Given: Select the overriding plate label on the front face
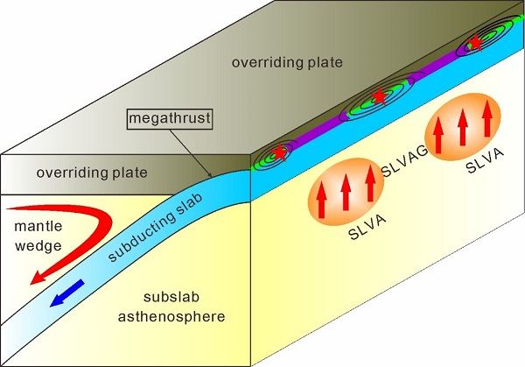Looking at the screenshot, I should (x=87, y=173).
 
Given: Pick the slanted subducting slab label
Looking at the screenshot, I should (x=160, y=229).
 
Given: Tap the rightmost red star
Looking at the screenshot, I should (x=474, y=40).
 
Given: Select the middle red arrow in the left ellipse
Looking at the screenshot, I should (x=346, y=197).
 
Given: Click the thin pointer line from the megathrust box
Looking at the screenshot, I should (x=206, y=149).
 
